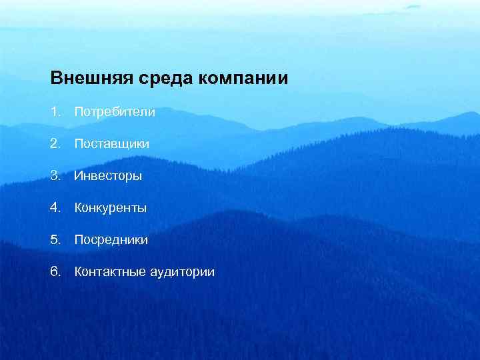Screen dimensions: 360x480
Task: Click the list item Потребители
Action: pyautogui.click(x=115, y=112)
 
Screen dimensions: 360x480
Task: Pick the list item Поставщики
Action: pyautogui.click(x=112, y=144)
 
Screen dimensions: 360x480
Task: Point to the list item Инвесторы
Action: pyautogui.click(x=108, y=176)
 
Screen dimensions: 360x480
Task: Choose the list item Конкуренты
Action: pyautogui.click(x=111, y=208)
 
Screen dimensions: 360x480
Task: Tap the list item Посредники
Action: pyautogui.click(x=111, y=239)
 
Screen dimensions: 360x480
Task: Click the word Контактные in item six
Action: pyautogui.click(x=107, y=271)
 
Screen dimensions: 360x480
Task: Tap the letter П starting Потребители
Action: pyautogui.click(x=79, y=112)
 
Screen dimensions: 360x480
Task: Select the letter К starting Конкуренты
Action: pyautogui.click(x=78, y=208)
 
